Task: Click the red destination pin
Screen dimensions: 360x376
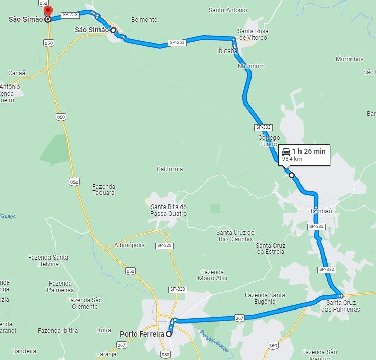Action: (47, 11)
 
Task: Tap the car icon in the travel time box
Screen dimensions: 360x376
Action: (286, 151)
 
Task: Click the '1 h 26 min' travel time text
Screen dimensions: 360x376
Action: (309, 151)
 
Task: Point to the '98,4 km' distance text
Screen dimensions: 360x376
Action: (292, 159)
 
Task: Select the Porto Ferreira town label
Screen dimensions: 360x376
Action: (142, 335)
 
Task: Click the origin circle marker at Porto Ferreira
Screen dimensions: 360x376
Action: (169, 334)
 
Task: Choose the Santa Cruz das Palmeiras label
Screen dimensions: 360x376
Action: (343, 306)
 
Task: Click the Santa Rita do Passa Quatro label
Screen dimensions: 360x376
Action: (168, 210)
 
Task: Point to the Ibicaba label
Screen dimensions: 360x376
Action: (228, 51)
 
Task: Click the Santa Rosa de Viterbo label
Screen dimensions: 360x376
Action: (253, 34)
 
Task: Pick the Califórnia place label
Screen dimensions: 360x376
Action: (169, 169)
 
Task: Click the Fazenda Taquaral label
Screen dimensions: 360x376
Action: (104, 189)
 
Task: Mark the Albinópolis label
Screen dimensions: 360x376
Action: (130, 245)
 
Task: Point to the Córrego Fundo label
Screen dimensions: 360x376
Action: (269, 141)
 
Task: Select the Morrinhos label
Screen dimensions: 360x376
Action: (349, 59)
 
